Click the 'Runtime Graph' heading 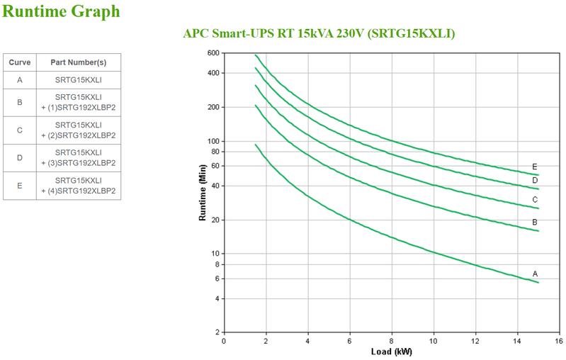tap(62, 12)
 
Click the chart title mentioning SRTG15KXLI tap(319, 34)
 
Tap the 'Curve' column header tap(20, 62)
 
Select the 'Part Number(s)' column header tap(78, 62)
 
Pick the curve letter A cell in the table tap(20, 80)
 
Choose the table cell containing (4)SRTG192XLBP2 tap(78, 185)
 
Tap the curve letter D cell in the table tap(20, 157)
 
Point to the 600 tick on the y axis tap(213, 53)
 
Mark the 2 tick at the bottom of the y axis tap(216, 332)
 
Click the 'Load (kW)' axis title tap(392, 352)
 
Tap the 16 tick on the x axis tap(559, 341)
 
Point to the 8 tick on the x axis tap(392, 341)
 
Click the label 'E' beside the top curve tap(535, 167)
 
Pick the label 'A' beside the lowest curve tap(535, 274)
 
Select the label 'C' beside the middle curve tap(535, 200)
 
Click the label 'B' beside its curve tap(535, 223)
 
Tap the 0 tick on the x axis tap(224, 341)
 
